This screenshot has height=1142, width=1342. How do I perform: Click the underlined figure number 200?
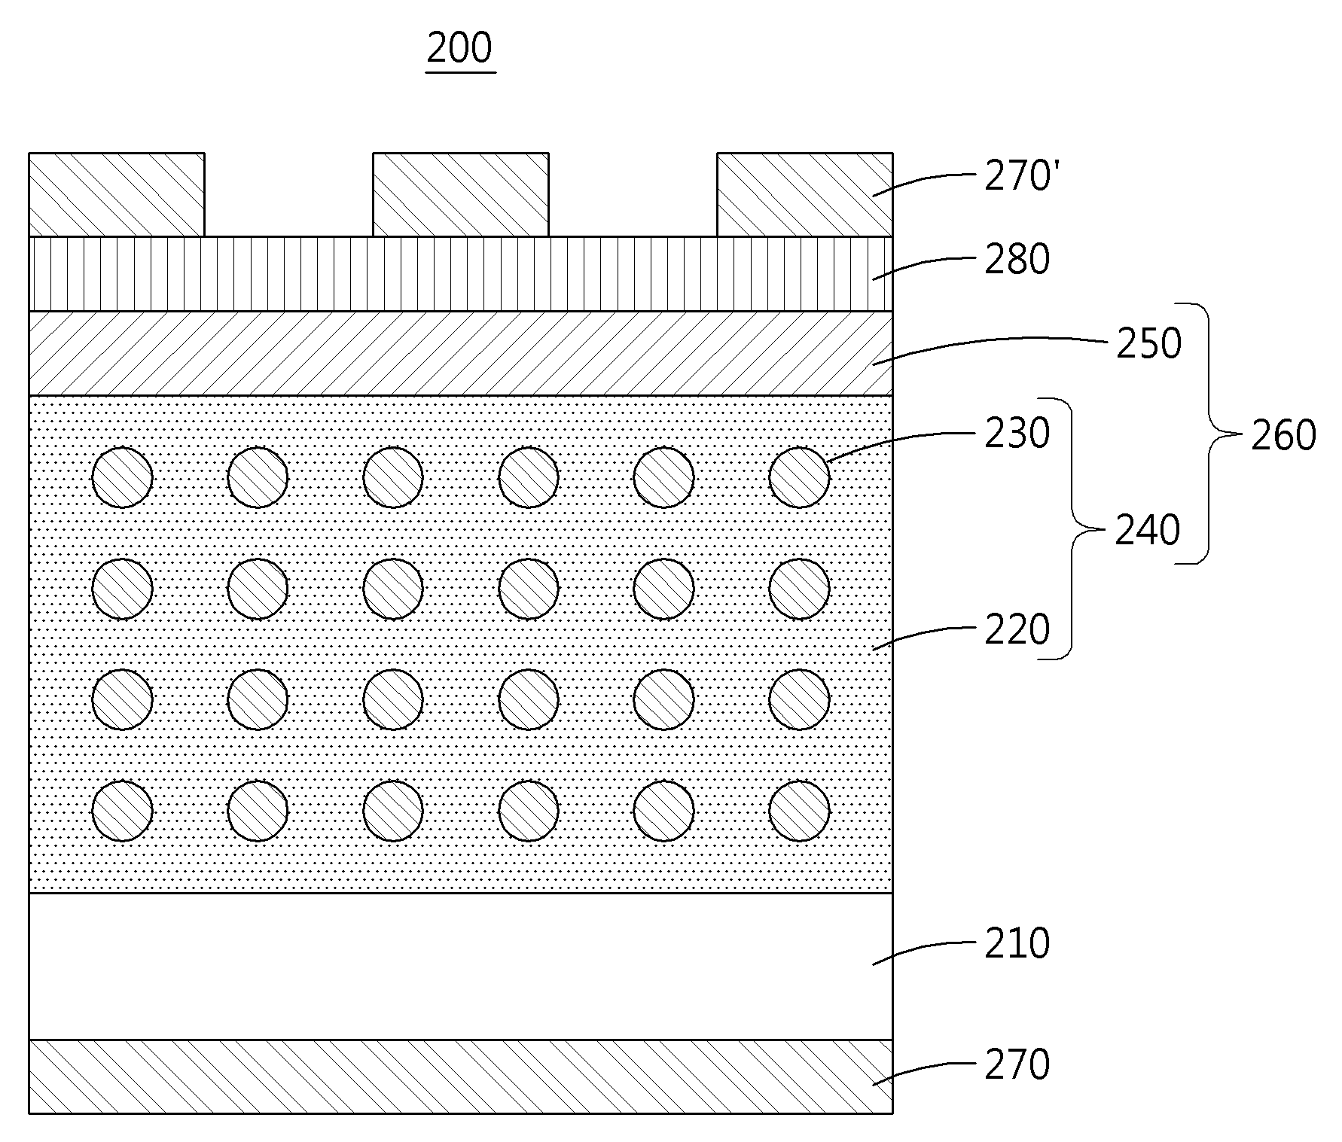459,48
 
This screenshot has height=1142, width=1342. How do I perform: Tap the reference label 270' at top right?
1022,178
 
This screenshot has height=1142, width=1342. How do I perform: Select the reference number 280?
1017,259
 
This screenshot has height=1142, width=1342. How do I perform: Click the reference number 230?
1017,434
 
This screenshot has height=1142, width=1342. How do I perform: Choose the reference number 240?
1148,531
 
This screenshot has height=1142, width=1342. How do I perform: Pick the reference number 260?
1284,435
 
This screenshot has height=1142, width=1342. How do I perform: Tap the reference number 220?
1017,629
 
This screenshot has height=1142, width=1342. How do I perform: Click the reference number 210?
1017,943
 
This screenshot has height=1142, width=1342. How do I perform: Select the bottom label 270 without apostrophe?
1017,1065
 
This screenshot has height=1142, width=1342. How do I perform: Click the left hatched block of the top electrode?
117,195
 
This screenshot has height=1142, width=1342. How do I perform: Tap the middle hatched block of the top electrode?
461,195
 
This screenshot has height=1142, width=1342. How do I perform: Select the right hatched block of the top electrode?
805,195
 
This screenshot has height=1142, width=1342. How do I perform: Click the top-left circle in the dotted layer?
122,477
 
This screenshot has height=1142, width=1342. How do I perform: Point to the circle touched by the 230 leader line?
800,477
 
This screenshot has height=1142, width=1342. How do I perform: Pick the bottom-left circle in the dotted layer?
122,811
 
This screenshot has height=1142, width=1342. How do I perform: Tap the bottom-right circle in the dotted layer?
800,811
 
